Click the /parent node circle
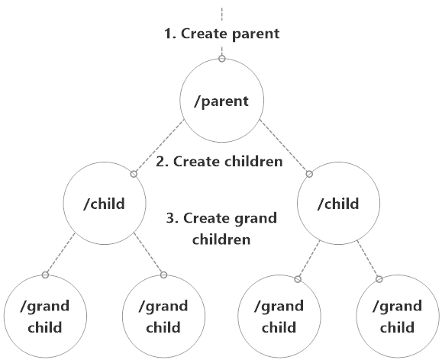pyautogui.click(x=221, y=101)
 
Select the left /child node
pyautogui.click(x=105, y=204)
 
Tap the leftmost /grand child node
pyautogui.click(x=45, y=317)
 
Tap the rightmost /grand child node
pyautogui.click(x=397, y=317)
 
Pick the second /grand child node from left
pyautogui.click(x=163, y=317)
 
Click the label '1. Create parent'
pyautogui.click(x=221, y=34)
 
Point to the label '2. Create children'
pyautogui.click(x=219, y=162)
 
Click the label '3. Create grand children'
pyautogui.click(x=221, y=228)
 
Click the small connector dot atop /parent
pyautogui.click(x=221, y=59)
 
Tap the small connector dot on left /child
pyautogui.click(x=134, y=174)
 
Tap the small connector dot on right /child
pyautogui.click(x=309, y=174)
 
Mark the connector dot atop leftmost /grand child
pyautogui.click(x=45, y=275)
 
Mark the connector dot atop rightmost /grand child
pyautogui.click(x=379, y=278)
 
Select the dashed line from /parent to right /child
pyautogui.click(x=284, y=147)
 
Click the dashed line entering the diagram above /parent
pyautogui.click(x=221, y=15)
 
